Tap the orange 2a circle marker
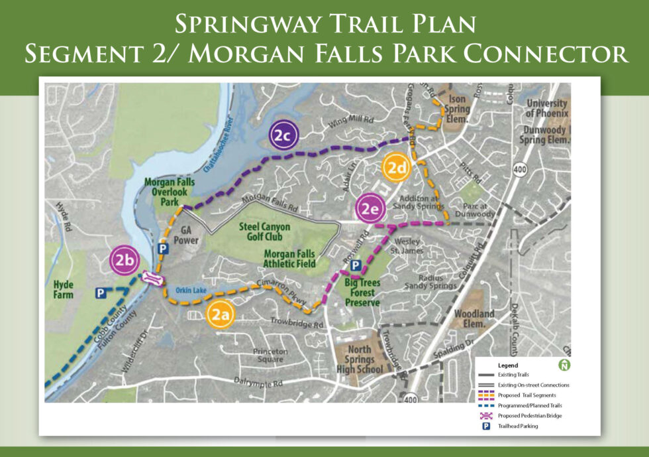click(219, 315)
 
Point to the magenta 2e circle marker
click(370, 209)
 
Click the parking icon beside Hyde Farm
click(100, 293)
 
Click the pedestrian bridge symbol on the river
click(151, 279)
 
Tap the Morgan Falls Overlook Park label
click(167, 191)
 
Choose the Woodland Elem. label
click(474, 318)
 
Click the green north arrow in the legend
click(564, 365)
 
